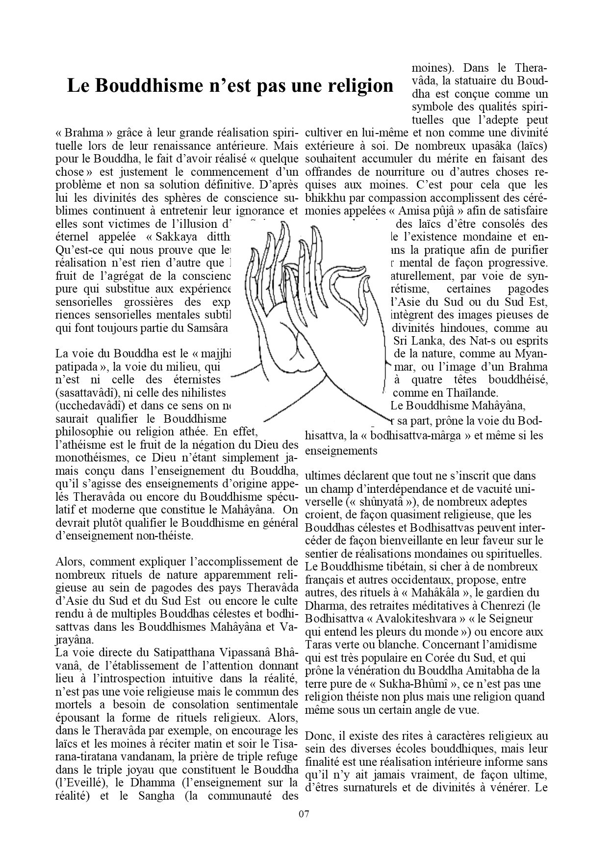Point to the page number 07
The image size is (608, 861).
[x=304, y=814]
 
